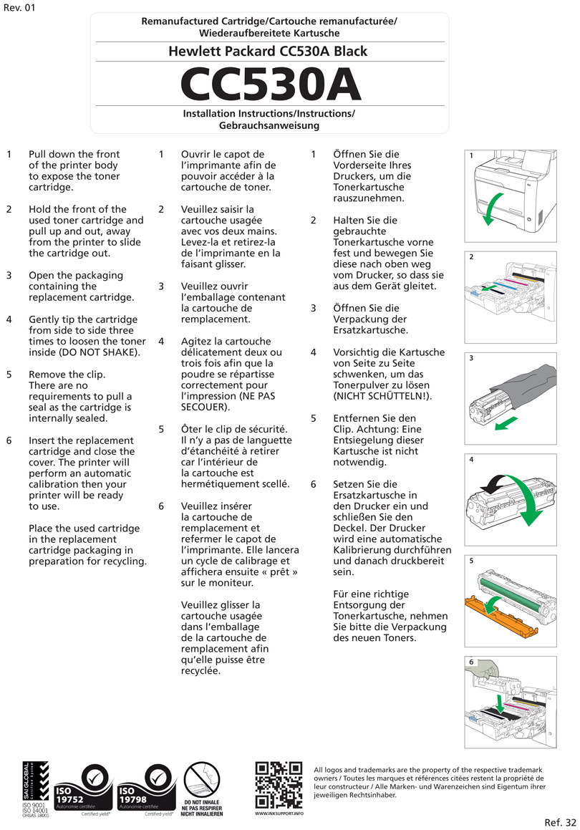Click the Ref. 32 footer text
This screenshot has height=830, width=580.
click(x=560, y=821)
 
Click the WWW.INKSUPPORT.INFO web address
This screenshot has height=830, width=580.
click(x=279, y=814)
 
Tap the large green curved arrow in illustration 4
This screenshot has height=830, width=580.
click(x=528, y=501)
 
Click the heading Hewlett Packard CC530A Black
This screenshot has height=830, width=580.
click(x=269, y=51)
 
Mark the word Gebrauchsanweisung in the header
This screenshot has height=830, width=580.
click(x=269, y=125)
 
